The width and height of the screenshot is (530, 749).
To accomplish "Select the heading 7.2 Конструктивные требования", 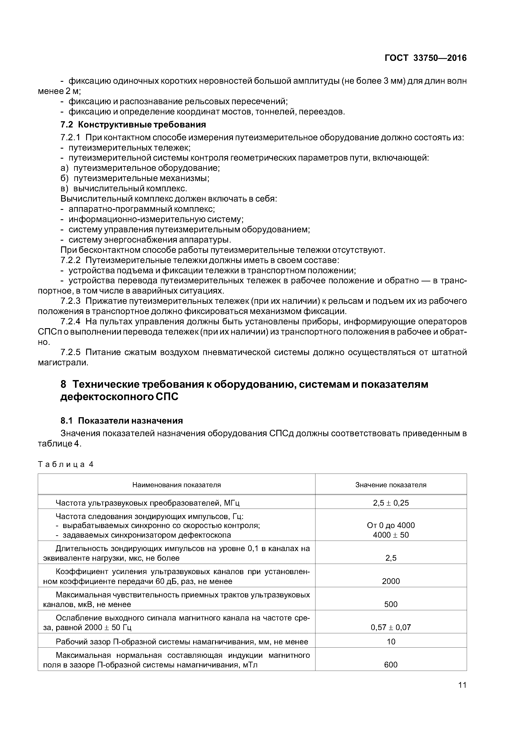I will (x=133, y=125).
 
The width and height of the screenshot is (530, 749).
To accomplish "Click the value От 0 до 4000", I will (x=391, y=525).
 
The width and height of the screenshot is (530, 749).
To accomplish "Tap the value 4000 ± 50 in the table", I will (x=391, y=535).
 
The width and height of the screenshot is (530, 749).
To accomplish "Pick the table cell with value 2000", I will (x=391, y=581).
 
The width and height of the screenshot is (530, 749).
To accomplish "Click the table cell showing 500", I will (x=391, y=604).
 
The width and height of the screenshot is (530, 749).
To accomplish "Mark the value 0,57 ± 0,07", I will (x=391, y=627).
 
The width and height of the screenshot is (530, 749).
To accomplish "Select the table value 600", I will (x=391, y=664).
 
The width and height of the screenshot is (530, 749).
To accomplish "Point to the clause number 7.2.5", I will (x=70, y=352).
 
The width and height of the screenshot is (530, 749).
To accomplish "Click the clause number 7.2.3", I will (x=70, y=301).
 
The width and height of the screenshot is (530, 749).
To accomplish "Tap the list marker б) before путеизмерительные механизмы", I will (x=65, y=178).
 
